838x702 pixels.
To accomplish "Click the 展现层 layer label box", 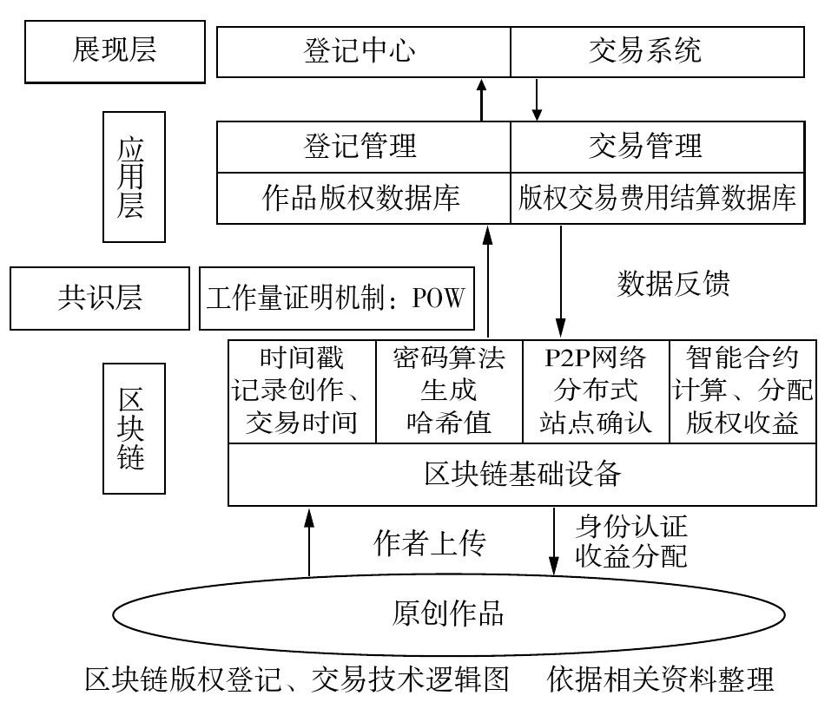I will coord(114,50).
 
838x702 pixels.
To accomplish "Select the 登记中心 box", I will coord(363,50).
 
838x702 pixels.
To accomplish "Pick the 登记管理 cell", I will coord(363,146).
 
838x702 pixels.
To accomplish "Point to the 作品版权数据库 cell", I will coord(363,198).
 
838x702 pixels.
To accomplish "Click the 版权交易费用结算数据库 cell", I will coord(657,198).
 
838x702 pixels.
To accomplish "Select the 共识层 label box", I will coord(100,298).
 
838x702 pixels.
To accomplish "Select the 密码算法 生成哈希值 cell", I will coord(449,390).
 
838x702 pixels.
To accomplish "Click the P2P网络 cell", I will coord(596,390).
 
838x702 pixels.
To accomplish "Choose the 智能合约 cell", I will coord(742,390).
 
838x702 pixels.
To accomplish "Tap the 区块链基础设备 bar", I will coord(522,474).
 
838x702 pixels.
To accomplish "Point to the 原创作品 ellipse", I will coord(447,613).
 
